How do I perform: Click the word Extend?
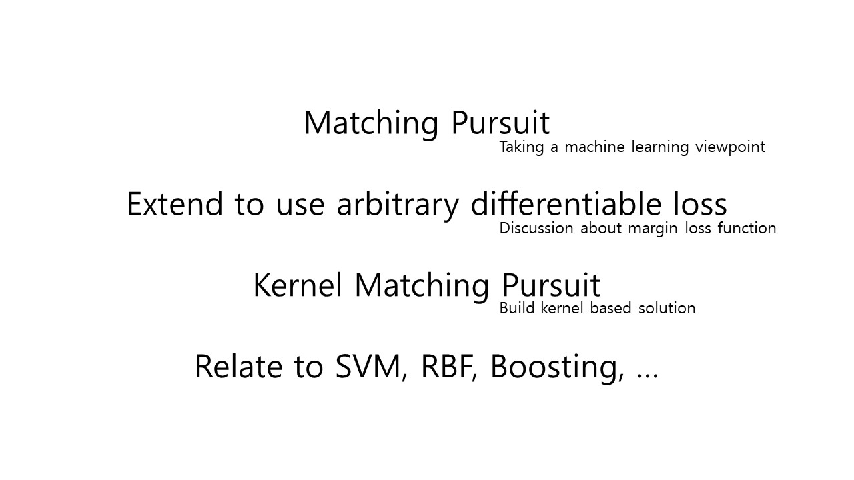(x=175, y=204)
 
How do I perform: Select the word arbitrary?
(x=398, y=206)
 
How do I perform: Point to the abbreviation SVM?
(x=368, y=366)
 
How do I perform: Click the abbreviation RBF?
(x=446, y=366)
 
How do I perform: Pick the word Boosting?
(x=554, y=367)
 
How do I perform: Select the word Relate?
(x=239, y=366)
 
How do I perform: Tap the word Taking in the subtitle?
(x=522, y=147)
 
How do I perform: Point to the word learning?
(x=660, y=147)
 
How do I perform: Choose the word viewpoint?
(x=730, y=147)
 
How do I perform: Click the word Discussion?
(x=536, y=228)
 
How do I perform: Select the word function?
(x=747, y=228)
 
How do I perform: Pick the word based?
(x=610, y=308)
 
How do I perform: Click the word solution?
(x=667, y=308)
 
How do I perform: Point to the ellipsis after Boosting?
(x=648, y=375)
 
